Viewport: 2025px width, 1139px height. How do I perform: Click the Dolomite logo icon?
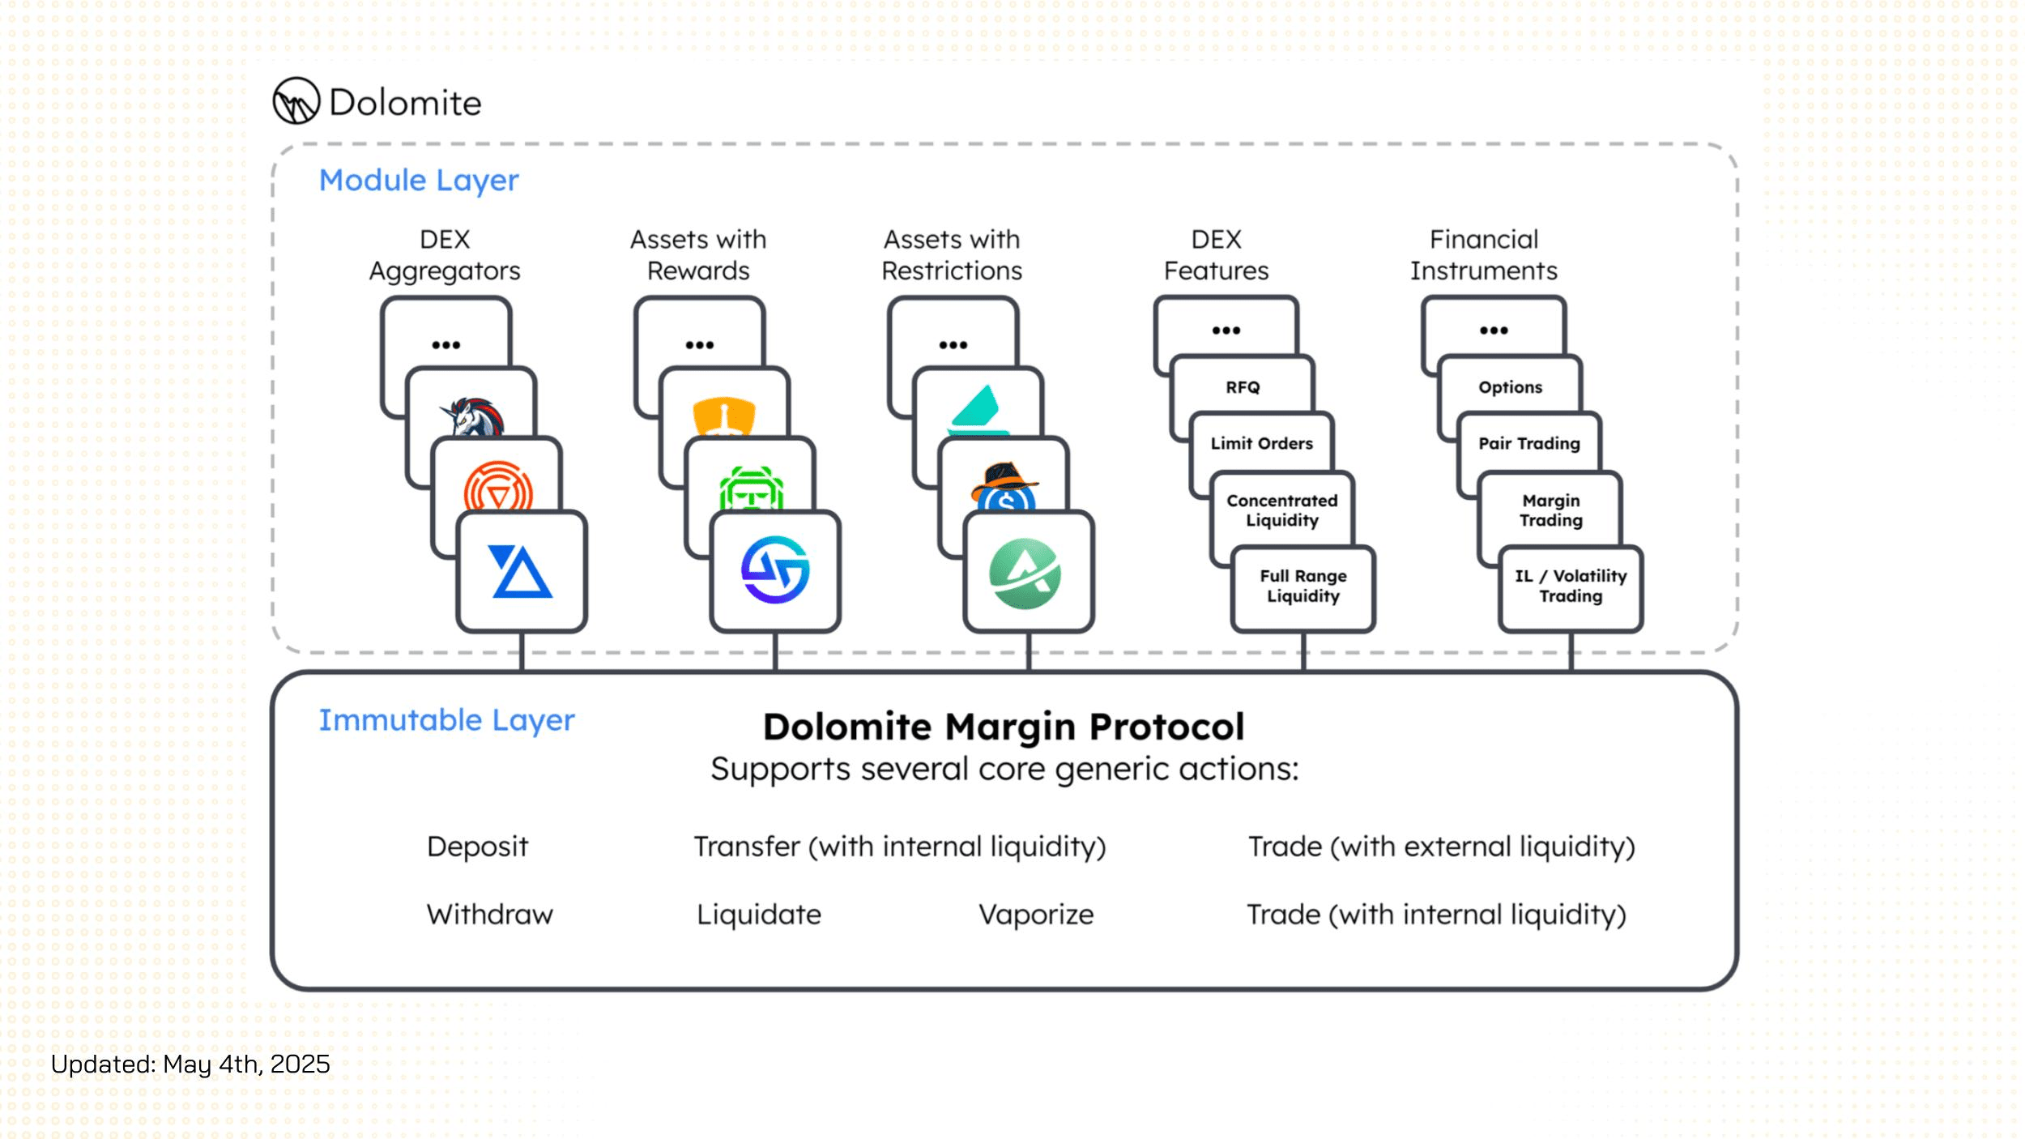[x=296, y=101]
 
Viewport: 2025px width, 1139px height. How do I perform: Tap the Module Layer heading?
[x=419, y=181]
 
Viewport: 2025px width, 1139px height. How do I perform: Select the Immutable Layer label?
[x=446, y=720]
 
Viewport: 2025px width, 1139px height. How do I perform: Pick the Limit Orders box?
[x=1261, y=442]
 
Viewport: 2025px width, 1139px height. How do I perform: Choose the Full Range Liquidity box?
[x=1302, y=587]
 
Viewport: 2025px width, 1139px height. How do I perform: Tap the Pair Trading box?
[x=1529, y=442]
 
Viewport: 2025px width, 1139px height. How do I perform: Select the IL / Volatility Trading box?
[x=1571, y=587]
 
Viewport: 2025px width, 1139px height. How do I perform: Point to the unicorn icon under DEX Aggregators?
[x=473, y=416]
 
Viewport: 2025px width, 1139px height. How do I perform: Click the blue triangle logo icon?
[x=521, y=572]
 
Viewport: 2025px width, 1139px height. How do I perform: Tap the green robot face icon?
[x=751, y=488]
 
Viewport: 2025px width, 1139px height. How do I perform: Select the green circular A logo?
[x=1025, y=574]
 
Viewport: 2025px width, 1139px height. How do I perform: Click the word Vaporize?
[x=1036, y=915]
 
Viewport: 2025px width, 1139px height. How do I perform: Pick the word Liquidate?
[x=759, y=915]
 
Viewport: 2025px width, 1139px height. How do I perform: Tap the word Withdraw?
[x=490, y=915]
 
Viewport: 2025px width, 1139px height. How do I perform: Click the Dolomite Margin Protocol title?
[x=1004, y=727]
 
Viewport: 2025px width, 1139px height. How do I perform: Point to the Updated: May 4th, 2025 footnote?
[x=190, y=1064]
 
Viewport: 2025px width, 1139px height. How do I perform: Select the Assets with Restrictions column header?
[x=952, y=254]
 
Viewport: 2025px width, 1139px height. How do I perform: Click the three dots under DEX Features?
[x=1226, y=331]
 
